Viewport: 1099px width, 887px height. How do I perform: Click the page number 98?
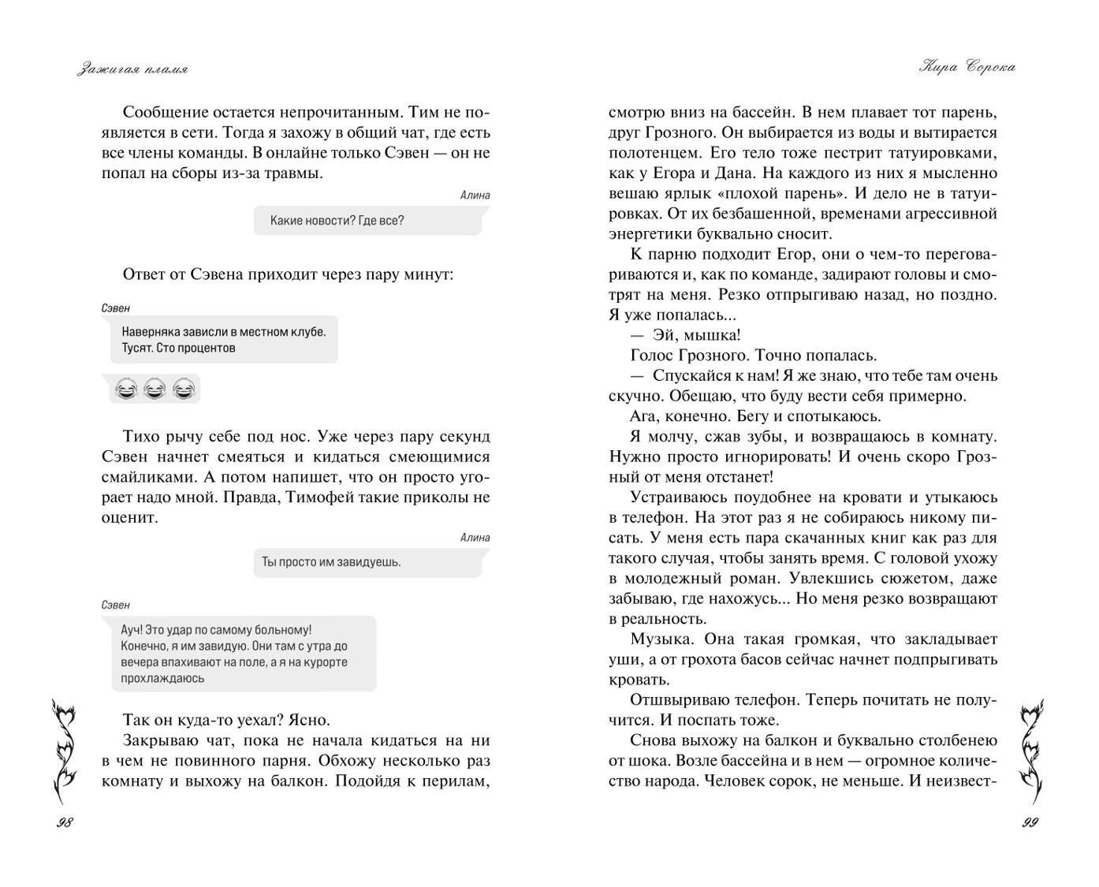(65, 822)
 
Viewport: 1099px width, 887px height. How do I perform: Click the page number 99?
(1030, 822)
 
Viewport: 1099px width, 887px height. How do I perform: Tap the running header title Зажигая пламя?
(132, 69)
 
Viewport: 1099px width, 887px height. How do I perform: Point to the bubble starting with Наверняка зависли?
(224, 340)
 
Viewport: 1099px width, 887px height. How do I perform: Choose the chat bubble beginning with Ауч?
(243, 654)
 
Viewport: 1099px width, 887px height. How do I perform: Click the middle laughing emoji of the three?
(155, 389)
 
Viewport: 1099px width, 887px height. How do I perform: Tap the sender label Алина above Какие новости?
(475, 196)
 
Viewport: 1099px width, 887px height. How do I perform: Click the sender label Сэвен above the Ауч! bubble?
(116, 605)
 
